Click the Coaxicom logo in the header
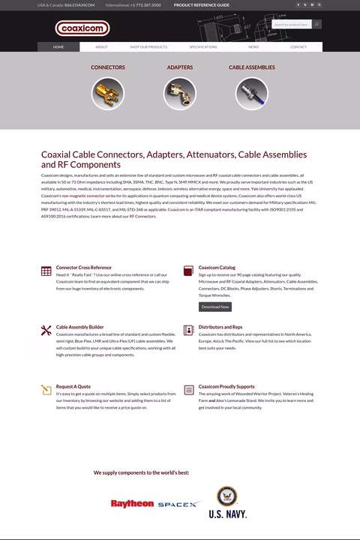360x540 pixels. [82, 28]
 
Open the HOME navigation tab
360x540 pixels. [58, 46]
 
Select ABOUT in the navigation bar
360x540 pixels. [101, 46]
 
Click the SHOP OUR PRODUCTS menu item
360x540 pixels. [148, 46]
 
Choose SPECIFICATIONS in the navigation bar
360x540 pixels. [202, 46]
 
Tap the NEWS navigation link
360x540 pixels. [253, 46]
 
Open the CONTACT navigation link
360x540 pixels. [298, 46]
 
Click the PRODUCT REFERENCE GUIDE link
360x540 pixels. [202, 4]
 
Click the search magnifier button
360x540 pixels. [317, 24]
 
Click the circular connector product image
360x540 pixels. [108, 94]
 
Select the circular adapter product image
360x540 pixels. [180, 94]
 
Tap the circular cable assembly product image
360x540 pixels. [251, 94]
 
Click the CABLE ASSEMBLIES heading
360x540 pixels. [252, 67]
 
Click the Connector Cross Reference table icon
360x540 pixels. [46, 271]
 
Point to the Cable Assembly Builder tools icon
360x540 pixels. [46, 330]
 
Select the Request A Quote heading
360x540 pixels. [73, 386]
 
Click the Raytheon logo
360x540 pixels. [132, 504]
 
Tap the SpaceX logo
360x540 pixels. [179, 505]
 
